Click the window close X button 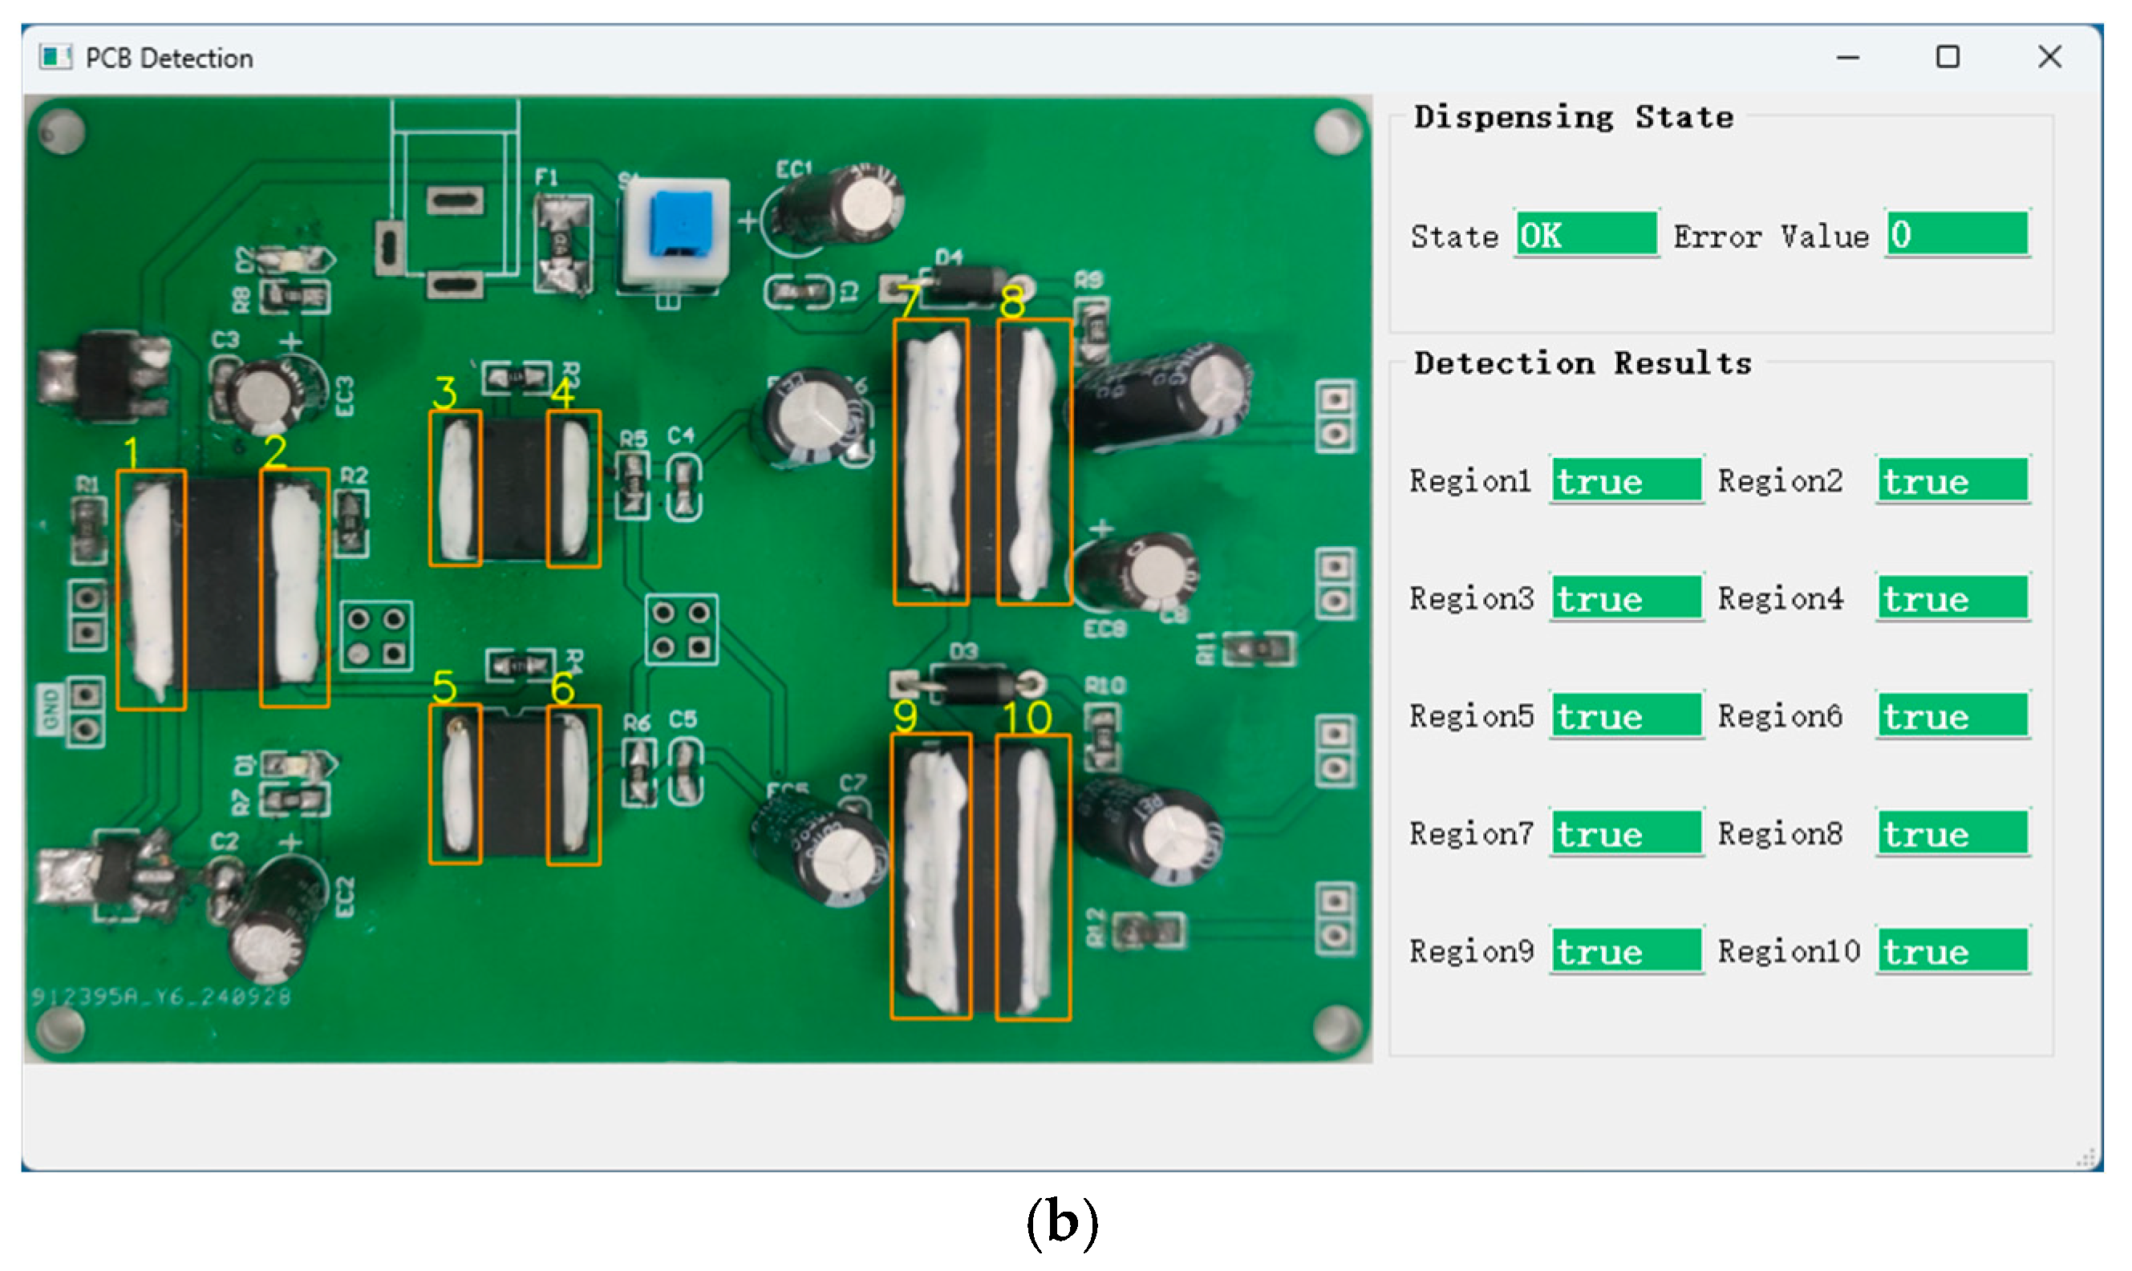(2049, 58)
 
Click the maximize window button (1947, 58)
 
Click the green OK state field (1586, 235)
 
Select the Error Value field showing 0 (1956, 234)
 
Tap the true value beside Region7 (1625, 833)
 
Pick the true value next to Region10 (1952, 952)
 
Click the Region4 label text (1780, 599)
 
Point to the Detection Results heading (1582, 363)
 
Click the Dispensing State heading (1573, 117)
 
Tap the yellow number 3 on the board (444, 393)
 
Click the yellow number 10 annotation (1026, 718)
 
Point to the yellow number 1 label (131, 452)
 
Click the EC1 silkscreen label (792, 169)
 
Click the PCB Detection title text (168, 59)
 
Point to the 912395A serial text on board (161, 996)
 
